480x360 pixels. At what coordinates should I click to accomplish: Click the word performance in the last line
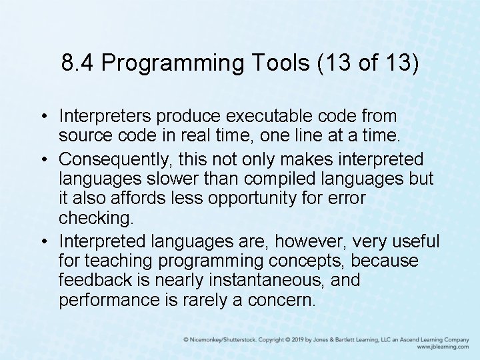(107, 300)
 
